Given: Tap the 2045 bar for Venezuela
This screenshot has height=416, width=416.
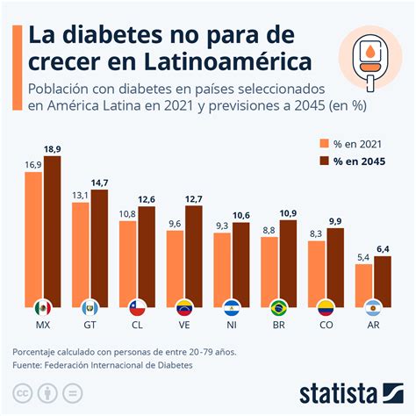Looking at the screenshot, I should click(194, 255).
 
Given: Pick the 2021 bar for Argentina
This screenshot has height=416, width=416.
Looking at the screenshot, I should click(363, 283).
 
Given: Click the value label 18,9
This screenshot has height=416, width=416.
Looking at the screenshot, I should click(53, 150).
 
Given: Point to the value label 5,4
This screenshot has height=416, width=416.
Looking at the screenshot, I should click(363, 257).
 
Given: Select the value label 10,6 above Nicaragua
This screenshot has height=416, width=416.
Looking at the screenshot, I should click(241, 216).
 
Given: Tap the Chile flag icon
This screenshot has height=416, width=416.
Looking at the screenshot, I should click(137, 308).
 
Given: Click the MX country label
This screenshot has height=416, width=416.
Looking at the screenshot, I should click(43, 326).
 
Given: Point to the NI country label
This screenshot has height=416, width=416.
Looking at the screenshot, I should click(232, 326).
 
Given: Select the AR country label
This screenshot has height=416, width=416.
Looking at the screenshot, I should click(373, 326).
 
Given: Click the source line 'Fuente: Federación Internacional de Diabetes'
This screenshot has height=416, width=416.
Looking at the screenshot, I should click(102, 365).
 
